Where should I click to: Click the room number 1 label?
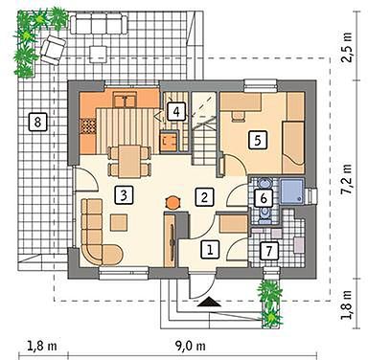pyautogui.click(x=210, y=249)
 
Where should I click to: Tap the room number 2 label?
pyautogui.click(x=204, y=196)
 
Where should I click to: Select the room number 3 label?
pyautogui.click(x=124, y=195)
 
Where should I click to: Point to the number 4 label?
pyautogui.click(x=176, y=112)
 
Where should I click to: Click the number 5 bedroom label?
pyautogui.click(x=258, y=140)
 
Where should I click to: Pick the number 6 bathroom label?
pyautogui.click(x=264, y=198)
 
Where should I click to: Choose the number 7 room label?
pyautogui.click(x=268, y=250)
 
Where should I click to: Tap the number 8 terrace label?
pyautogui.click(x=37, y=122)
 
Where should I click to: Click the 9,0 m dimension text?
pyautogui.click(x=190, y=346)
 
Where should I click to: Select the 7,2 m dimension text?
pyautogui.click(x=346, y=179)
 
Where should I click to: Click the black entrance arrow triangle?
pyautogui.click(x=209, y=302)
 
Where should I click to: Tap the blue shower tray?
pyautogui.click(x=291, y=191)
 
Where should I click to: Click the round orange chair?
pyautogui.click(x=172, y=202)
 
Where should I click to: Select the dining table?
pyautogui.click(x=129, y=161)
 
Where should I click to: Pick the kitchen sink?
pyautogui.click(x=126, y=100)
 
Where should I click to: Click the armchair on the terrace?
pyautogui.click(x=53, y=50)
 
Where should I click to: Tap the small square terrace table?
pyautogui.click(x=98, y=55)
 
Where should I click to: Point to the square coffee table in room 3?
pyautogui.click(x=119, y=222)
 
